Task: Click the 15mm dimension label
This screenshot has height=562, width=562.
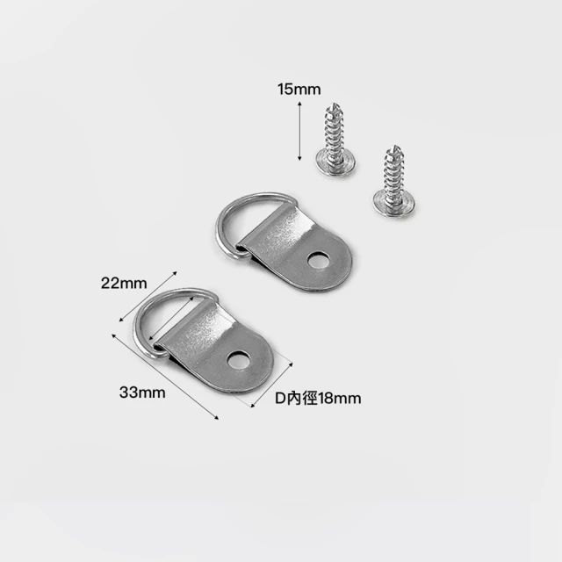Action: [x=299, y=90]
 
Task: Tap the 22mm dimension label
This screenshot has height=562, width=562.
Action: [x=124, y=284]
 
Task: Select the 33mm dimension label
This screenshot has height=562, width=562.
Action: [x=142, y=393]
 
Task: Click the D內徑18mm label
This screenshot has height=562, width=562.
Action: [x=318, y=398]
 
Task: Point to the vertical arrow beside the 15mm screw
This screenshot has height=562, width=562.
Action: [x=299, y=131]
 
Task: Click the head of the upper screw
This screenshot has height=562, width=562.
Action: [x=335, y=163]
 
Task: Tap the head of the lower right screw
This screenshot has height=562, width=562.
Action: [x=394, y=205]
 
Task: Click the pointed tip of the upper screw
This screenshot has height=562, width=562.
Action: [x=335, y=104]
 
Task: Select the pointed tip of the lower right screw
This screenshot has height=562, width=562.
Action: [x=394, y=147]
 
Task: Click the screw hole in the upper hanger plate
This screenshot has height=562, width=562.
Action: [x=318, y=261]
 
